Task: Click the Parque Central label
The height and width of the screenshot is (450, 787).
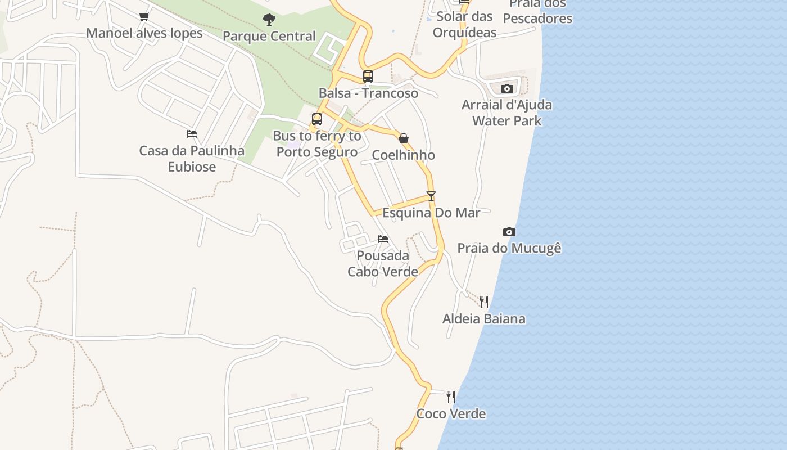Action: point(269,37)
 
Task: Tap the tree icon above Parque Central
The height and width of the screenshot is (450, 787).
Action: point(269,20)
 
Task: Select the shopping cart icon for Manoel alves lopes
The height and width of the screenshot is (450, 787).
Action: point(144,16)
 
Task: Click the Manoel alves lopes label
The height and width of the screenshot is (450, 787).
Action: point(144,33)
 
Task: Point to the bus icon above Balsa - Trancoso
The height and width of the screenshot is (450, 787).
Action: point(368,76)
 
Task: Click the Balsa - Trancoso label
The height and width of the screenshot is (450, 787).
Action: point(368,93)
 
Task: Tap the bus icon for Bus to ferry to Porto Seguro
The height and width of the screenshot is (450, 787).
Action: point(317,119)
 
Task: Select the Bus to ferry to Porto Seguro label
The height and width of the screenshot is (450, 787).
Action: point(317,144)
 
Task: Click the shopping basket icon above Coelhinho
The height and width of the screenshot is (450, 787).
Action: point(404,138)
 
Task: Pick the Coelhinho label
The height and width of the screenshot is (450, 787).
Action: point(404,155)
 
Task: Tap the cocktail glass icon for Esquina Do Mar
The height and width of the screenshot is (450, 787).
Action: point(431,196)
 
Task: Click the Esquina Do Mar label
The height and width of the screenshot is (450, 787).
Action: point(431,213)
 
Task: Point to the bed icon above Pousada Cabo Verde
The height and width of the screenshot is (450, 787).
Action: point(383,239)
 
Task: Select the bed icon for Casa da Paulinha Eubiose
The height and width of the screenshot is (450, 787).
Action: point(192,134)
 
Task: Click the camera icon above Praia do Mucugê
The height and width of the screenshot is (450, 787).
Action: point(509,232)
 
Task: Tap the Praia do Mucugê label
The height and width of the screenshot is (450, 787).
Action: point(509,248)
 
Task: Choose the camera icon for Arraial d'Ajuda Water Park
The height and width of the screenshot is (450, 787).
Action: point(507,88)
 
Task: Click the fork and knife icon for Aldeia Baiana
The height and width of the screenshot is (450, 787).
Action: point(484,302)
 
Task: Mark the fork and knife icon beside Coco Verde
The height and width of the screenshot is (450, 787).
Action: point(451,397)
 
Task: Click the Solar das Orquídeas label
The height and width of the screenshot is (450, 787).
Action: point(465,24)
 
